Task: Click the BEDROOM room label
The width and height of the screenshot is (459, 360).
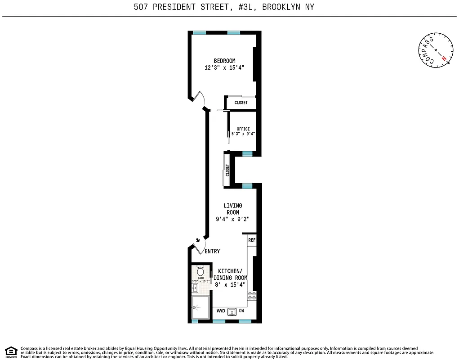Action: point(224,61)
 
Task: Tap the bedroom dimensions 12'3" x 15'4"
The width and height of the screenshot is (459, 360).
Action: point(224,68)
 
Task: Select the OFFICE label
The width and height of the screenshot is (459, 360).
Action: point(243,129)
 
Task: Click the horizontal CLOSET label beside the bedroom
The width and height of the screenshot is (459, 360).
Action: point(241,103)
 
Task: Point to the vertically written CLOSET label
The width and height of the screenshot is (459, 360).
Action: point(227,170)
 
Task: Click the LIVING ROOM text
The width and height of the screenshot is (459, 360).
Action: point(233,209)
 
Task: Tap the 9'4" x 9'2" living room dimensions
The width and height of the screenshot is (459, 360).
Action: point(233,219)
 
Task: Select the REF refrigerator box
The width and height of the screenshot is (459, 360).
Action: point(252,240)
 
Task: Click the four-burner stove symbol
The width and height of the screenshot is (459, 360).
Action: point(252,296)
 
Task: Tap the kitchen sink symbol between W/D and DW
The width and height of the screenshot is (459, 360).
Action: point(232,311)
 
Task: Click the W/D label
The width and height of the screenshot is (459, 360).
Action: point(221,311)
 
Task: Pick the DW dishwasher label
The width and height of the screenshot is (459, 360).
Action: point(241,311)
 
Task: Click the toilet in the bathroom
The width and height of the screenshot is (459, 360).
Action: point(201,272)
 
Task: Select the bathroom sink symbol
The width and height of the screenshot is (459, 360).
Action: point(195,288)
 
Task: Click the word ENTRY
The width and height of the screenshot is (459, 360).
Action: point(212,252)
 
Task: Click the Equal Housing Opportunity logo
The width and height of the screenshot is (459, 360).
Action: point(12,351)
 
